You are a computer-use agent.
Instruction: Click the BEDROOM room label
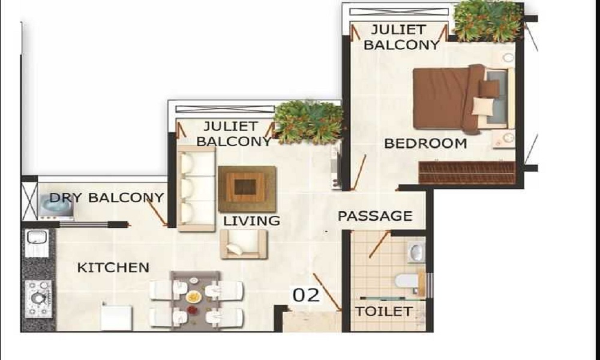[425, 143]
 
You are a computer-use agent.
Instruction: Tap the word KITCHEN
[113, 268]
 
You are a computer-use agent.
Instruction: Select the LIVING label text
[251, 221]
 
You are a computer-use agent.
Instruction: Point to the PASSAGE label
[375, 216]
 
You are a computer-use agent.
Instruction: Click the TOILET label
[384, 311]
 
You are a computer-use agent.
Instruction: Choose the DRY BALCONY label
[106, 198]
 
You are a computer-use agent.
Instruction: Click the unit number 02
[306, 295]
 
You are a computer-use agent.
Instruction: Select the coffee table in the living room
[247, 189]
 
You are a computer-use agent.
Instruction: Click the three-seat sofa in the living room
[196, 188]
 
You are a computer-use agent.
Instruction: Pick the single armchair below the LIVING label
[244, 244]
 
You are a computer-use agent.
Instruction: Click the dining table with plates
[195, 299]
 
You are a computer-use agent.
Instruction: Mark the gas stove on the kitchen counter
[38, 299]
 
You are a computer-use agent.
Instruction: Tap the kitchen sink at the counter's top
[37, 244]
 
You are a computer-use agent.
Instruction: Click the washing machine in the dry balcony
[56, 206]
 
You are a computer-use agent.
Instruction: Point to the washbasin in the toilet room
[416, 252]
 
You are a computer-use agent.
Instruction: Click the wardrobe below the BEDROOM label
[467, 173]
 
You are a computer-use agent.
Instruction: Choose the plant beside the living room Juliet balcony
[309, 122]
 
